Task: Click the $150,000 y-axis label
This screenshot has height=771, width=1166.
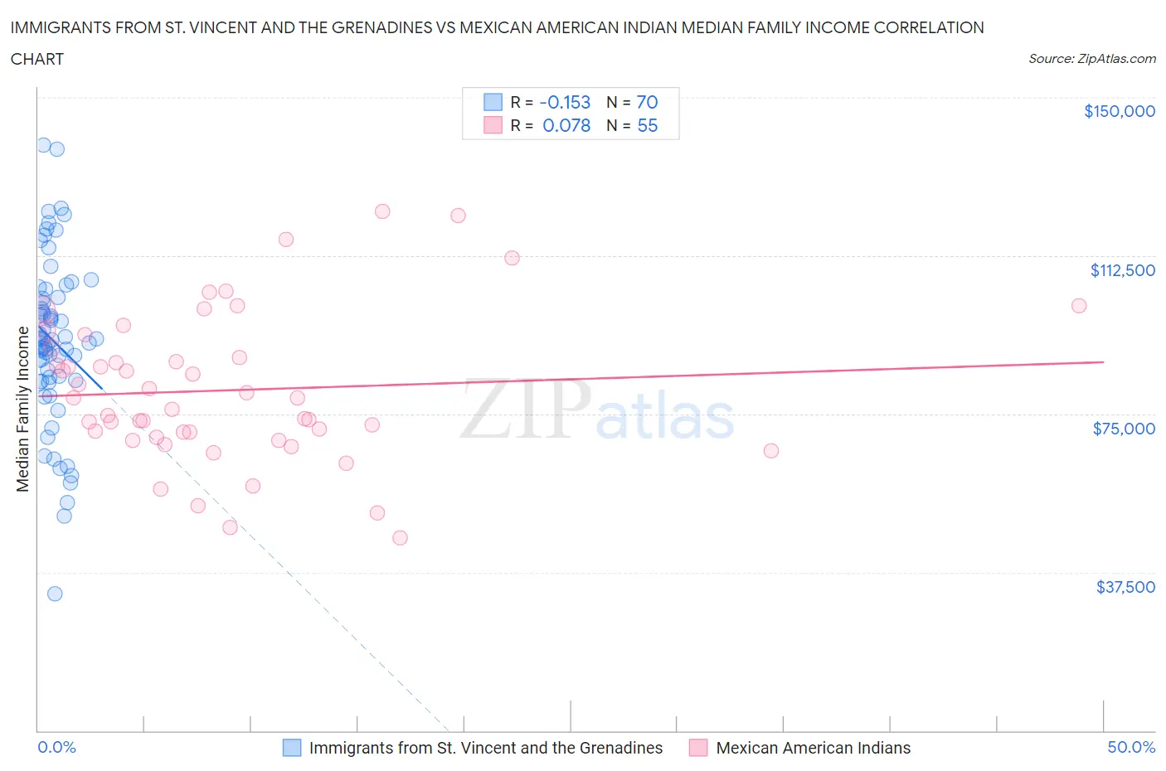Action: coord(1119,111)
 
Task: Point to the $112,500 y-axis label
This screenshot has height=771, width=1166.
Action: coord(1122,270)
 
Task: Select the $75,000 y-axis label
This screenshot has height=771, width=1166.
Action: coord(1124,429)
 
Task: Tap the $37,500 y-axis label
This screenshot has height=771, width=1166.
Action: coord(1125,587)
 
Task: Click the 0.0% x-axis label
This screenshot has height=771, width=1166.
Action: coord(56,747)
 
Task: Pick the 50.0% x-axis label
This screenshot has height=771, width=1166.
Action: coord(1131,747)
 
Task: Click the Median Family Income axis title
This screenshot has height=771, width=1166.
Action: coord(23,410)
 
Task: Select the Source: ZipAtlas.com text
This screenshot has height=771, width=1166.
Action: coord(1091,59)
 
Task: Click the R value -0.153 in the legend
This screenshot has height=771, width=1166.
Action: coord(565,102)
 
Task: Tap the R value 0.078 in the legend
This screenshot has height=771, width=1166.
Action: coord(566,125)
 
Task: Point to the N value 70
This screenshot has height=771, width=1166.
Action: coord(647,102)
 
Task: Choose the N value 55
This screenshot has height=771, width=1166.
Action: coord(647,125)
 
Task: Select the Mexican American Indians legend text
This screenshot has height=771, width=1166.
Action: coord(813,748)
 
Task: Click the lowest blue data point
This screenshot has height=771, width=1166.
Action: coord(55,594)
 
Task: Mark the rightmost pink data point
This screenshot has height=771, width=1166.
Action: coord(1079,306)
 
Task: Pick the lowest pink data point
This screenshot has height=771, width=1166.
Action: coord(400,538)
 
